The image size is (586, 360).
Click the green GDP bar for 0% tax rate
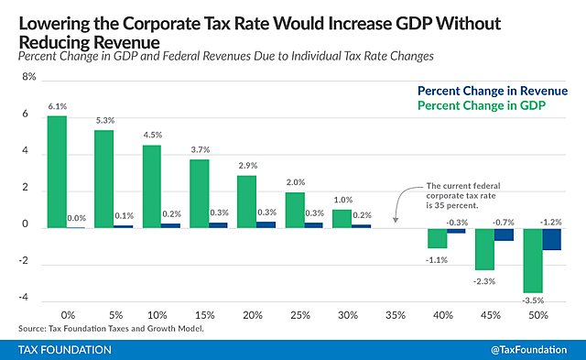coord(57,171)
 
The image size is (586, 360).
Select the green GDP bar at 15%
coord(198,193)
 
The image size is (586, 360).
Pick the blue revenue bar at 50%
coord(551,237)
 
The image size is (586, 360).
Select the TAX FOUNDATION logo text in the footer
coord(66,349)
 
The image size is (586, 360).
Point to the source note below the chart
coord(110,329)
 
